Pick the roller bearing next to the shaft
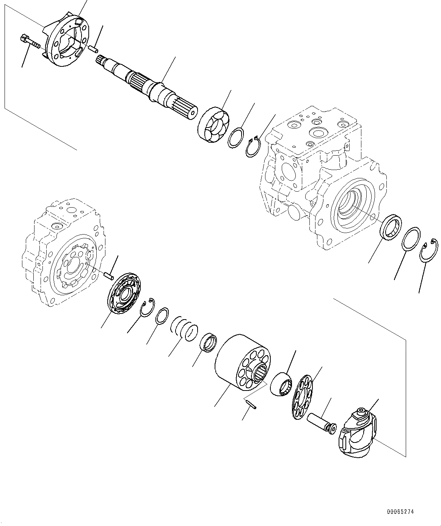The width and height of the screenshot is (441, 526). pyautogui.click(x=213, y=123)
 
